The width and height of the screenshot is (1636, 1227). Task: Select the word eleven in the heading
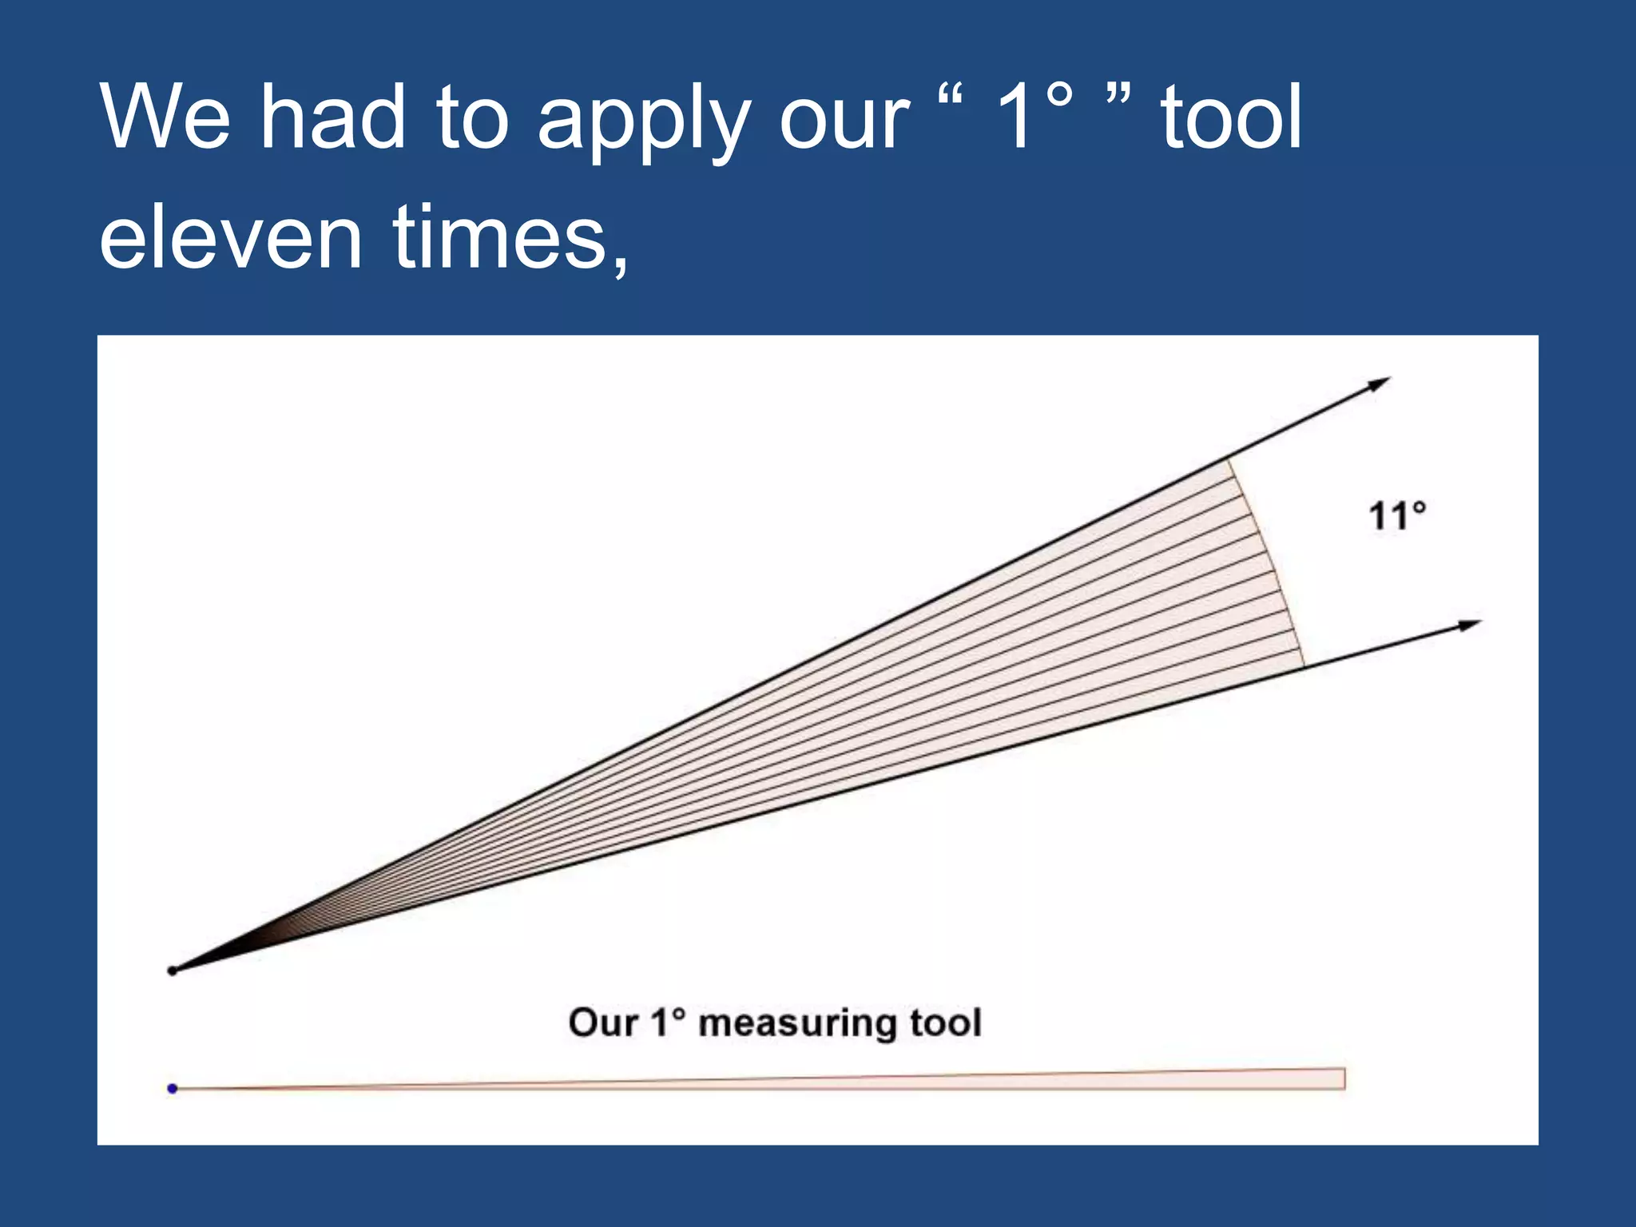pyautogui.click(x=231, y=237)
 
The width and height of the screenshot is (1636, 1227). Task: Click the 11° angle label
pyautogui.click(x=1396, y=516)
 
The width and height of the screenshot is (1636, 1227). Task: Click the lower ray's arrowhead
pyautogui.click(x=1470, y=625)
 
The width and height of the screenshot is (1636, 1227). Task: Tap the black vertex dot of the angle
pyautogui.click(x=172, y=971)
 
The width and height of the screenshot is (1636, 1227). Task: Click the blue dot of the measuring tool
pyautogui.click(x=172, y=1088)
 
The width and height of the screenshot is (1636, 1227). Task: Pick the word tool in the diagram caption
pyautogui.click(x=946, y=1022)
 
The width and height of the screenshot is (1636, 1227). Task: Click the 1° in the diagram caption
pyautogui.click(x=668, y=1022)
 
